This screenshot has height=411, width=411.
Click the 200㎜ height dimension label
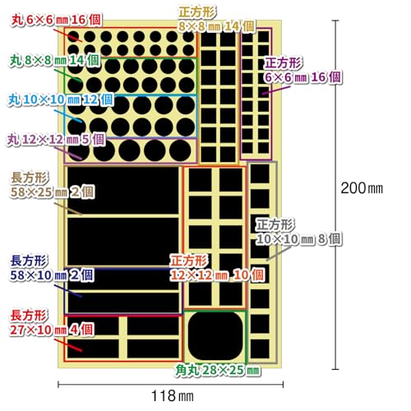(x=362, y=188)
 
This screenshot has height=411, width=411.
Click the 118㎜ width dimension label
(x=173, y=396)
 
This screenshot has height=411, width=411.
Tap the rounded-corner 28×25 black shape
(x=215, y=336)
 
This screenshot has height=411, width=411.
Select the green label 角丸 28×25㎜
(x=217, y=370)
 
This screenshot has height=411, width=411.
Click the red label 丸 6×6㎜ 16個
(x=56, y=20)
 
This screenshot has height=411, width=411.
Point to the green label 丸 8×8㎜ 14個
(x=54, y=60)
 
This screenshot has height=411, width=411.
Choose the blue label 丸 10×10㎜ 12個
(x=60, y=99)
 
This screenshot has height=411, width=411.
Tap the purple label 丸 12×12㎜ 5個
(x=56, y=140)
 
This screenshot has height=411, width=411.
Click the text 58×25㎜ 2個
(x=53, y=192)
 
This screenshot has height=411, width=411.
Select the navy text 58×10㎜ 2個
(x=52, y=275)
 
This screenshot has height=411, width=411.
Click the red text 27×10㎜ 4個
(x=52, y=330)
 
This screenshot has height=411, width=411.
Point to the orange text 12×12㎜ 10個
(x=217, y=275)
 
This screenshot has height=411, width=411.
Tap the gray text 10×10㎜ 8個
(x=299, y=239)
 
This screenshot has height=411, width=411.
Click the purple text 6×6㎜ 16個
(x=302, y=77)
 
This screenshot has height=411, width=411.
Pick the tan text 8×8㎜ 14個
(x=217, y=26)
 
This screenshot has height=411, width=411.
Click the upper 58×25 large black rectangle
(x=123, y=191)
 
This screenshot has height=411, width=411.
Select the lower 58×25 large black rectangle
(x=123, y=242)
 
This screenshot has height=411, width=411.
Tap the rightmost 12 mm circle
(x=180, y=150)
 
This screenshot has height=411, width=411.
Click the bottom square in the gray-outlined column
(x=260, y=349)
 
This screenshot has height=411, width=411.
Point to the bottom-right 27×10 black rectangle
(x=153, y=349)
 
